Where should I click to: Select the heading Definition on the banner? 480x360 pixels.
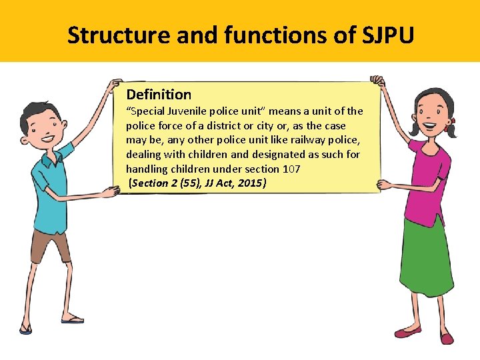click(x=159, y=95)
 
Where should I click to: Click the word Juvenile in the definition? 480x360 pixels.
click(x=189, y=111)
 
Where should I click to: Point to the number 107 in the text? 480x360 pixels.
click(x=291, y=169)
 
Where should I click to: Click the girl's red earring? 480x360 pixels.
click(x=451, y=121)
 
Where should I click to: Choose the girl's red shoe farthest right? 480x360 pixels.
click(x=446, y=339)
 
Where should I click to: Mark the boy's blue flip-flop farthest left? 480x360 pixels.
click(x=25, y=329)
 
